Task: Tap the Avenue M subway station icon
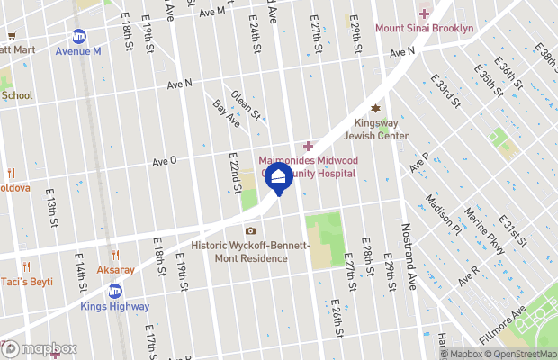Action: pyautogui.click(x=79, y=37)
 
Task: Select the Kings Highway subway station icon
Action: pyautogui.click(x=114, y=291)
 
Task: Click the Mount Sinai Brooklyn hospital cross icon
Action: pyautogui.click(x=424, y=13)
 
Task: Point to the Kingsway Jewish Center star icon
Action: pyautogui.click(x=376, y=109)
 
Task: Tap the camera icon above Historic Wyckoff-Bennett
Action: pyautogui.click(x=251, y=231)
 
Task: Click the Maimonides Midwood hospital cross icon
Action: pyautogui.click(x=308, y=146)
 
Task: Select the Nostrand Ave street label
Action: pyautogui.click(x=407, y=257)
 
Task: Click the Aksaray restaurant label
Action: pyautogui.click(x=116, y=269)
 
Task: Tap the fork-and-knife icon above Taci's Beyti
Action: pyautogui.click(x=26, y=266)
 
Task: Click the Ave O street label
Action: pyautogui.click(x=165, y=161)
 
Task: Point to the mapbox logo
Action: pyautogui.click(x=40, y=348)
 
